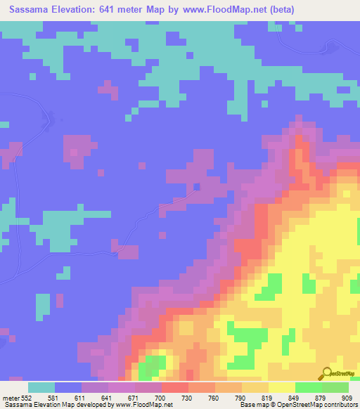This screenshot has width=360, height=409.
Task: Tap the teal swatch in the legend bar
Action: pyautogui.click(x=41, y=387)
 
